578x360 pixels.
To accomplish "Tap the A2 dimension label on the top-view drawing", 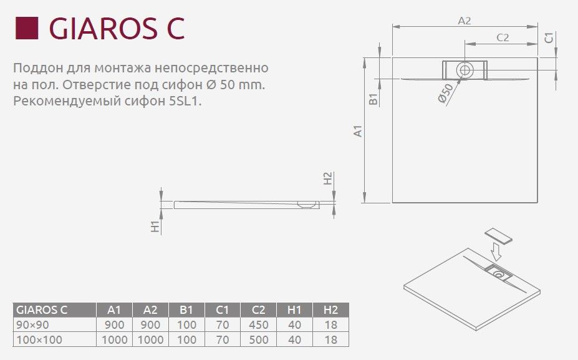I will point(464,20).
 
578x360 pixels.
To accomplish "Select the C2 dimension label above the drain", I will point(503,37).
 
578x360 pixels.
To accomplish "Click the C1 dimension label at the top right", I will point(549,38).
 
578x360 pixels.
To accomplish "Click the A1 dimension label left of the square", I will point(357,131).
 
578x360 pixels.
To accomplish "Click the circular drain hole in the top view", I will point(464,69).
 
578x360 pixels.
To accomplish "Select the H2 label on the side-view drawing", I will point(328,178).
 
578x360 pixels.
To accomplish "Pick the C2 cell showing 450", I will point(258,325).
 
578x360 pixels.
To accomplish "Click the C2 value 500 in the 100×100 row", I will point(258,340).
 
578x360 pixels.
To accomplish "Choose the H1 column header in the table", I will point(294,310).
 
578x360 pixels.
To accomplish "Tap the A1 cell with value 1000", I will point(114,340).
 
